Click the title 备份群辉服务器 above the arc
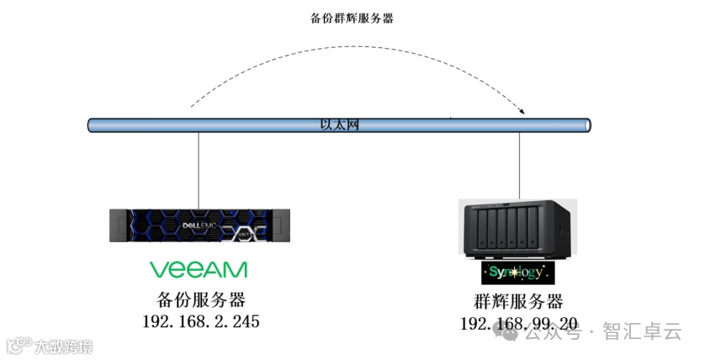pos(352,18)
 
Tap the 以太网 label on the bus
pos(340,125)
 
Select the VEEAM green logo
pos(199,269)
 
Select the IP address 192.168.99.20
pos(518,324)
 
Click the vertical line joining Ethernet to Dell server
pos(199,168)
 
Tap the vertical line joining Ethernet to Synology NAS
pos(519,165)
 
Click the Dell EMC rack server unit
pos(199,225)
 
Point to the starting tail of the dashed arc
pos(192,107)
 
